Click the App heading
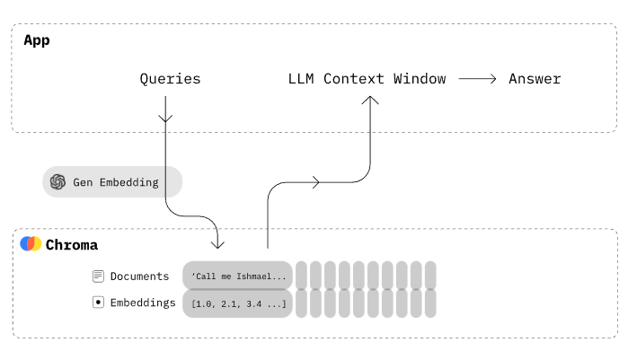[x=37, y=40]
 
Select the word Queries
[x=170, y=79]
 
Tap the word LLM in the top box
[x=301, y=79]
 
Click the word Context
[x=354, y=79]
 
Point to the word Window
[x=419, y=79]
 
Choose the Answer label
[x=535, y=79]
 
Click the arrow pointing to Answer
[x=478, y=79]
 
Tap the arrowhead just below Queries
[x=165, y=117]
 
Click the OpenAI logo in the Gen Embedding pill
[x=58, y=181]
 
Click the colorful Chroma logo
[x=31, y=244]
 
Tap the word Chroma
[x=72, y=245]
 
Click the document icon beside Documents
[x=99, y=277]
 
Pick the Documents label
[x=139, y=277]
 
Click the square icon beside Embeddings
[x=99, y=303]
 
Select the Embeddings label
[x=143, y=303]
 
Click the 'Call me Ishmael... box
[x=238, y=277]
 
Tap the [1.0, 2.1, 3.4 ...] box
[x=238, y=303]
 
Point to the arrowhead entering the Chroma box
[x=217, y=242]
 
